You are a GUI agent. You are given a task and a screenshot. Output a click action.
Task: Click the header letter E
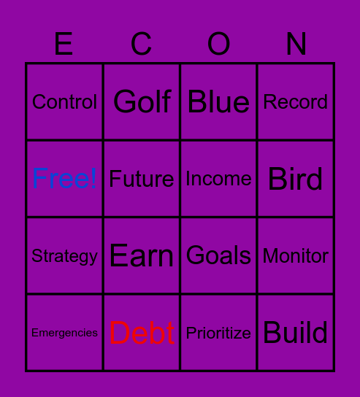pyautogui.click(x=64, y=45)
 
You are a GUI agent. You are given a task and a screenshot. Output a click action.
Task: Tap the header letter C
pyautogui.click(x=141, y=45)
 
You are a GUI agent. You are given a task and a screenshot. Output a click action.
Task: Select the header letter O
pyautogui.click(x=218, y=45)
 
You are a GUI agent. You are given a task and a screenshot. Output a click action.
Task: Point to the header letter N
pyautogui.click(x=296, y=45)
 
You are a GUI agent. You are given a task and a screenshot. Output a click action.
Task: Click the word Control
pyautogui.click(x=64, y=102)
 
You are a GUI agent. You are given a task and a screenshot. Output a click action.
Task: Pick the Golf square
pyautogui.click(x=142, y=102)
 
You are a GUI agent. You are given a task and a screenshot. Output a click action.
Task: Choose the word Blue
pyautogui.click(x=218, y=102)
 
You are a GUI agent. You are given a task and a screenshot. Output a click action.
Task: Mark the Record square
pyautogui.click(x=296, y=102)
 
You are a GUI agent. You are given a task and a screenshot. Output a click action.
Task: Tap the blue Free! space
pyautogui.click(x=64, y=179)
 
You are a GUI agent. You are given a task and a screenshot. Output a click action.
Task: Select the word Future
pyautogui.click(x=142, y=179)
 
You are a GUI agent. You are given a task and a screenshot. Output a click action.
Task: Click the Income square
pyautogui.click(x=218, y=179)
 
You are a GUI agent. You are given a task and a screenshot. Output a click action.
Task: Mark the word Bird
pyautogui.click(x=296, y=179)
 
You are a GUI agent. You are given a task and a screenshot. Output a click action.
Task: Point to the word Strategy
pyautogui.click(x=64, y=256)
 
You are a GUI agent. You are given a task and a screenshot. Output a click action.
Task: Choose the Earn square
pyautogui.click(x=142, y=256)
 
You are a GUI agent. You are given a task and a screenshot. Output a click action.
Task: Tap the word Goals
pyautogui.click(x=218, y=255)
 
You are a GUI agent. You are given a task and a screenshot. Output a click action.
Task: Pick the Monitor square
pyautogui.click(x=296, y=256)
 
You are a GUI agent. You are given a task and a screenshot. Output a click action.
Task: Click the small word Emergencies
pyautogui.click(x=64, y=333)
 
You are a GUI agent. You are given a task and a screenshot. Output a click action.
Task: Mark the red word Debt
pyautogui.click(x=142, y=334)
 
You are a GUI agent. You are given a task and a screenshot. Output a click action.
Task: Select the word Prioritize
pyautogui.click(x=218, y=334)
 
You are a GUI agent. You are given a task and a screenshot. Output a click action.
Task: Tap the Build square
pyautogui.click(x=296, y=333)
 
